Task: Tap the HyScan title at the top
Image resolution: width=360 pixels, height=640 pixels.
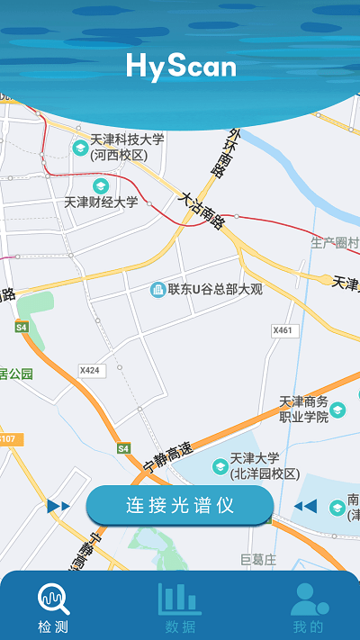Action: pos(181,65)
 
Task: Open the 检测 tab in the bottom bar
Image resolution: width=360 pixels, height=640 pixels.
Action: pos(53,608)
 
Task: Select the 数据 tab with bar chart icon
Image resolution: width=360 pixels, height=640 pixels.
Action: pos(180,608)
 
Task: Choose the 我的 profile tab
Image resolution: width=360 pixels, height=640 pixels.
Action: pos(308,608)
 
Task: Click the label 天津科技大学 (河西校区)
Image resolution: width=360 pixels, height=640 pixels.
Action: pos(127,147)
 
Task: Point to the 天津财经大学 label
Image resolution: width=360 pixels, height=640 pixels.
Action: pos(101,202)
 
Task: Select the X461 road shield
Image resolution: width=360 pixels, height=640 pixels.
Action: pos(283,330)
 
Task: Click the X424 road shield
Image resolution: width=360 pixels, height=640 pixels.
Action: pos(90,370)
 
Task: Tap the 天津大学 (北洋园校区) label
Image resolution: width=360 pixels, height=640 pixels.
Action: pos(264,465)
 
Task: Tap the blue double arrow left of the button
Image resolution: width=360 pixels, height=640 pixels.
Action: pos(58,507)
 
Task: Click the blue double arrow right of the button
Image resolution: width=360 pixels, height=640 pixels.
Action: pos(305,506)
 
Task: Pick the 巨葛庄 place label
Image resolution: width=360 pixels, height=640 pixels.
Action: pos(259,560)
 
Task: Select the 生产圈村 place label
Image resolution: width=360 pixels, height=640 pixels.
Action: pos(335,243)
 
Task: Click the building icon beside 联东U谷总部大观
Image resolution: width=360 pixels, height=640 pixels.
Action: pos(157,289)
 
